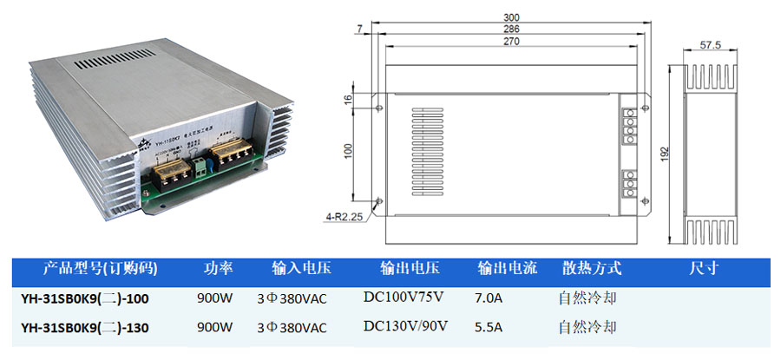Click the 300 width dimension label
tap(511, 16)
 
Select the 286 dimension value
tap(511, 29)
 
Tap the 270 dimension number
tap(511, 41)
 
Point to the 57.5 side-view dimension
tap(711, 45)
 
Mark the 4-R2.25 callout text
tap(344, 218)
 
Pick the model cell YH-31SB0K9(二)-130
tap(85, 328)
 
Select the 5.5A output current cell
tap(490, 328)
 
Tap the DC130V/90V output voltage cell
tap(404, 327)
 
